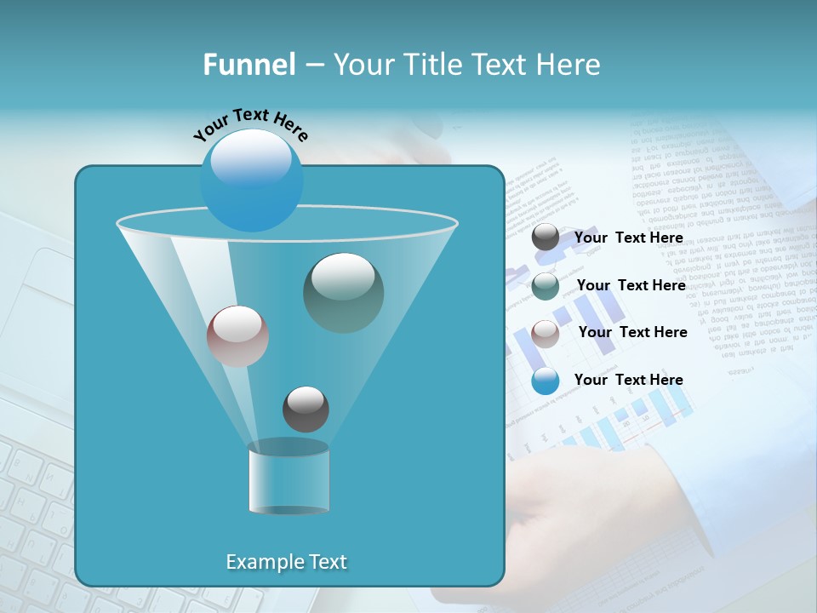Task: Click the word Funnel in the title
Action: tap(249, 65)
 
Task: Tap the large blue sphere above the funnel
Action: tap(252, 180)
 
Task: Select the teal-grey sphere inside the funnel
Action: tap(343, 293)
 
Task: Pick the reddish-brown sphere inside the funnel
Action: tap(237, 336)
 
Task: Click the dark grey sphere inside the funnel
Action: tap(306, 409)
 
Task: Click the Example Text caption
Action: tap(287, 562)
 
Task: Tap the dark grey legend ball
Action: tap(546, 238)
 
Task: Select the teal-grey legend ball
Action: tap(546, 286)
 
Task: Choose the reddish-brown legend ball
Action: tap(546, 333)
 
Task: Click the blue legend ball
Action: tap(546, 381)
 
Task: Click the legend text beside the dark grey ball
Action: tap(629, 238)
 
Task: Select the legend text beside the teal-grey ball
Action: tap(631, 285)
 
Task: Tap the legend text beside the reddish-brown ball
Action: tap(632, 332)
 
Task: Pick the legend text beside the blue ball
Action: tap(629, 380)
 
